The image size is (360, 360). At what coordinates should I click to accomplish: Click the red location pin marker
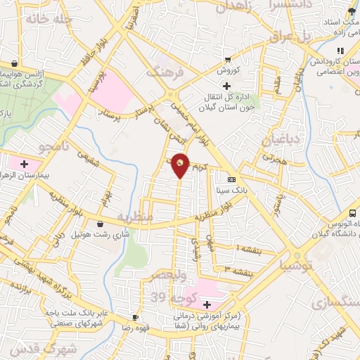click(181, 165)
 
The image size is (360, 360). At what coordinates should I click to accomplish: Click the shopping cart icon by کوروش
click(227, 60)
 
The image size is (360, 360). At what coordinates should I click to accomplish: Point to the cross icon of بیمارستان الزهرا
click(25, 163)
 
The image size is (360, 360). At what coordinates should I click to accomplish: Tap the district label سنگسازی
click(337, 302)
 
